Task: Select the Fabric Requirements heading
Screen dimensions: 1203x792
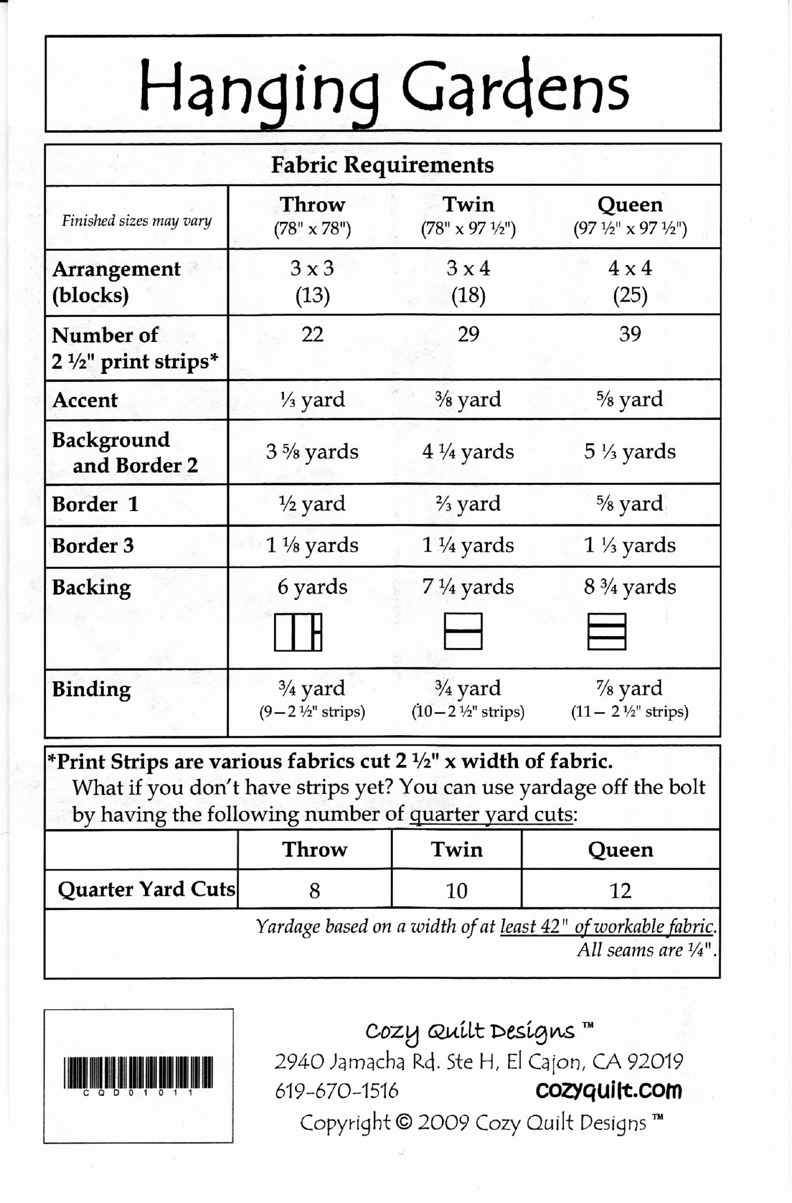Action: tap(382, 165)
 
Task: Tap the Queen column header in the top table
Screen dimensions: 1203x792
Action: tap(630, 205)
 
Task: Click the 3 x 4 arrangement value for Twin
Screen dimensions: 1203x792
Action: tap(468, 268)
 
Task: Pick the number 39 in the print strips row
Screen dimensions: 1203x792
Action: tap(630, 334)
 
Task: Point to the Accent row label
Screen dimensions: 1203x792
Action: tap(85, 400)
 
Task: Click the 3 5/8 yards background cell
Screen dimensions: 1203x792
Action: tap(312, 451)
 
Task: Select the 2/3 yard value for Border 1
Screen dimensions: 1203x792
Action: tap(468, 504)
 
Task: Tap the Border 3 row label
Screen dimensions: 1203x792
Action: tap(93, 546)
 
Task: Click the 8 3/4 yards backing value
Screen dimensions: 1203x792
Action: tap(630, 586)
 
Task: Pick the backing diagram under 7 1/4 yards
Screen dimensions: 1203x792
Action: tap(463, 631)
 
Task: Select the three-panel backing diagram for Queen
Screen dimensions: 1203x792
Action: tap(606, 631)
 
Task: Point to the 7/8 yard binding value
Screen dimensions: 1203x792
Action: tap(630, 688)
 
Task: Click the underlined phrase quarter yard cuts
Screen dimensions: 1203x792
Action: tap(491, 814)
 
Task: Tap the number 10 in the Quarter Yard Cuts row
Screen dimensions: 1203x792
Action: tap(456, 891)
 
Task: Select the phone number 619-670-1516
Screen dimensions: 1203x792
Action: tap(337, 1091)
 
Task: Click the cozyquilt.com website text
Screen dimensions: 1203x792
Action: tap(608, 1090)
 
